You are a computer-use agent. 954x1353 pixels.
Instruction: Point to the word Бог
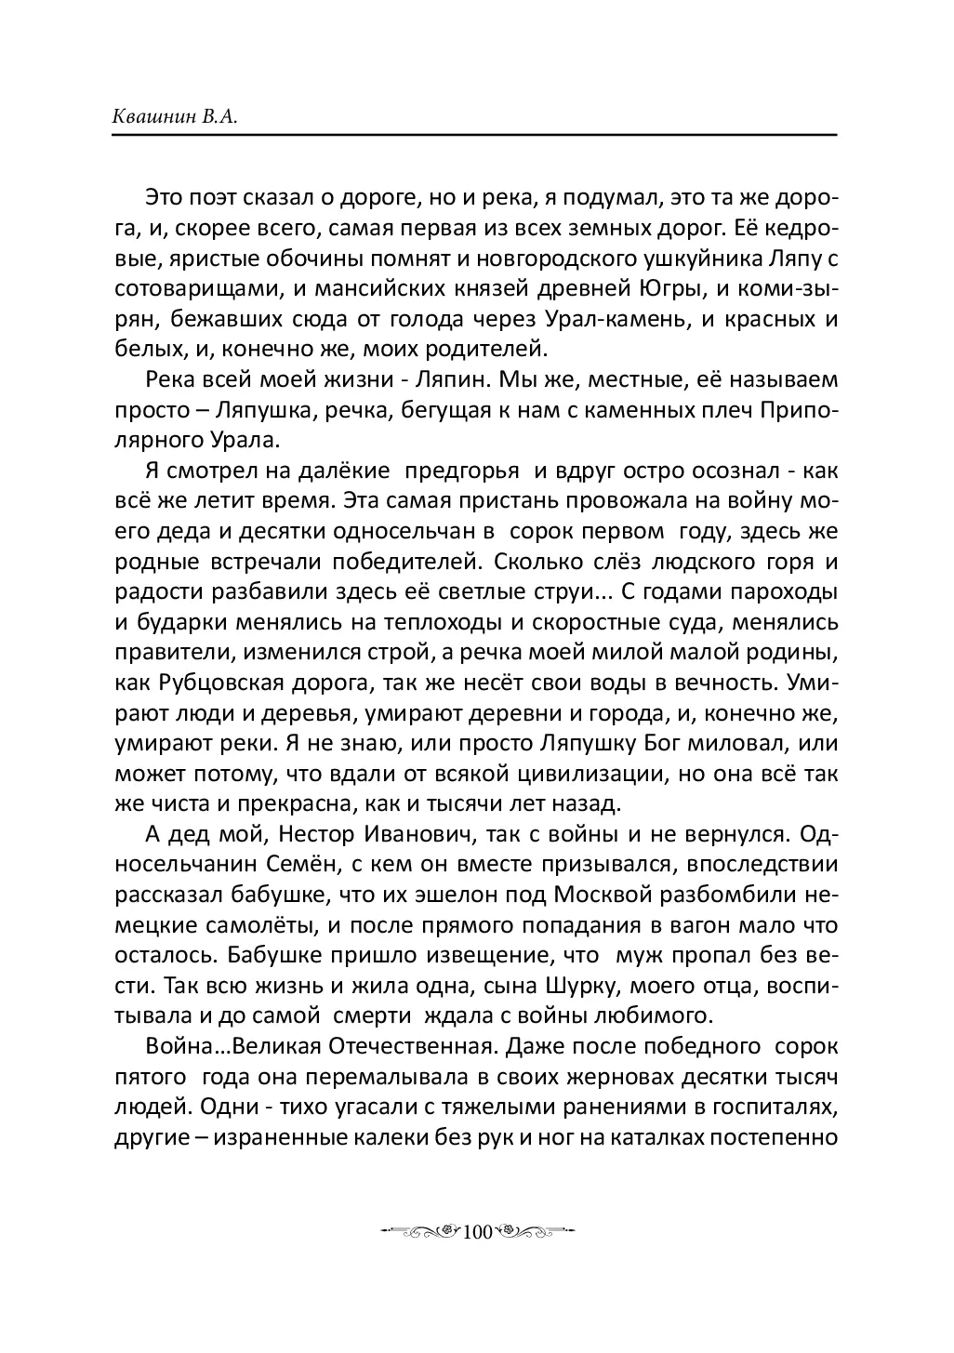click(x=649, y=744)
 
